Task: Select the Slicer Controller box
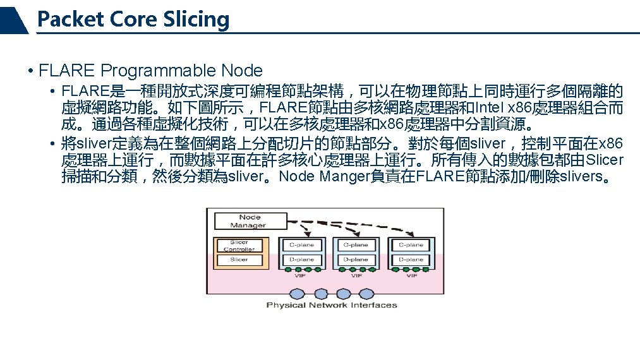[239, 245]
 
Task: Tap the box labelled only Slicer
[239, 260]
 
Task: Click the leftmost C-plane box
[301, 245]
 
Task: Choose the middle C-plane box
[356, 245]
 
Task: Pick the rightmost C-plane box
[411, 245]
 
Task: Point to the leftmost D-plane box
[301, 260]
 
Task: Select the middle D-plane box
[356, 260]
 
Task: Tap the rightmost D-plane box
[411, 260]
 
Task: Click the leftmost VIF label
[301, 276]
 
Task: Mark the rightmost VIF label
[411, 276]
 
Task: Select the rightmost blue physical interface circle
[360, 294]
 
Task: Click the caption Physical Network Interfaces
[331, 305]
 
